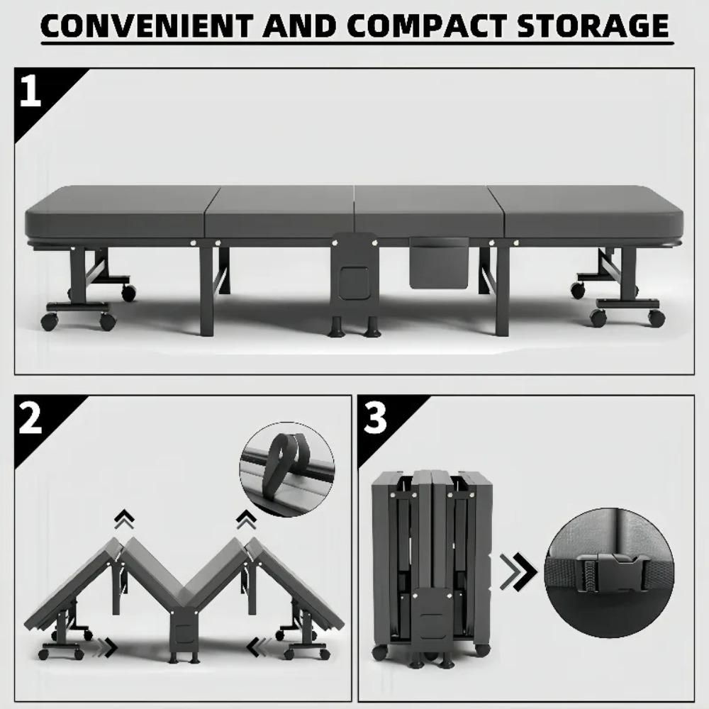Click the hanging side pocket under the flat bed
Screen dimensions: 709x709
[x=440, y=262]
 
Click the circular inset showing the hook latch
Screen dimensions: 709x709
[x=287, y=469]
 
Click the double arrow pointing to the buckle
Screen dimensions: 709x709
[x=518, y=574]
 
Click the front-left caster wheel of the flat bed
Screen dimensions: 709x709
[x=49, y=321]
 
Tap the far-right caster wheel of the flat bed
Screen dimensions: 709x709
[x=657, y=318]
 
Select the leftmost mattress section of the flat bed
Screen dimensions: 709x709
[x=117, y=213]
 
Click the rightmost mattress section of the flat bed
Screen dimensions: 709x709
[x=592, y=213]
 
